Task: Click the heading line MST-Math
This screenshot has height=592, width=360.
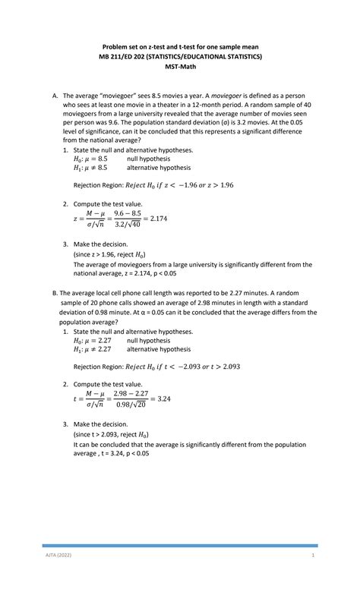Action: [180, 67]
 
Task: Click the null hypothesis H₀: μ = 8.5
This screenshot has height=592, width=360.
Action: [90, 159]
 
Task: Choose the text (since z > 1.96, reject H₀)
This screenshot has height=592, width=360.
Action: [109, 254]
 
